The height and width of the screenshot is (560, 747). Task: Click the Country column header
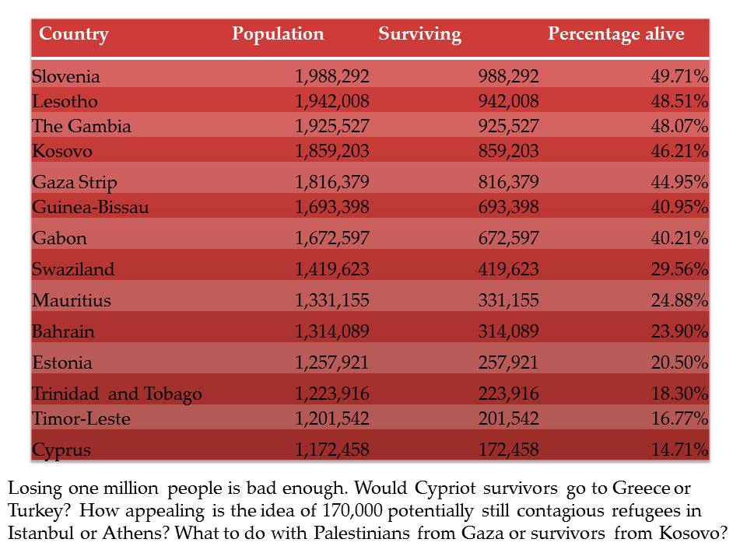tap(74, 34)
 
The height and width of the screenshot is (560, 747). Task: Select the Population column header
tap(278, 34)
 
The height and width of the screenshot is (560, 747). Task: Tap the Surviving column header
tap(419, 34)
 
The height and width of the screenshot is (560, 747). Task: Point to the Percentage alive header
tap(615, 34)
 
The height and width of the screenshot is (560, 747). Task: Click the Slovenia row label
tap(66, 77)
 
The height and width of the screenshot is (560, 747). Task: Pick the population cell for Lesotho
tap(332, 102)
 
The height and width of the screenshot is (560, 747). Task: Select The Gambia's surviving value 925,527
tap(507, 127)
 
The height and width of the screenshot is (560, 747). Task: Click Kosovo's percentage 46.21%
tap(679, 152)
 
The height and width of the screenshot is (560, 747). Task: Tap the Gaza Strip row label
tap(75, 183)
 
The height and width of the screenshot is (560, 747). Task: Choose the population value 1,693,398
tap(332, 208)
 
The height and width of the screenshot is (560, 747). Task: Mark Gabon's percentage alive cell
tap(679, 238)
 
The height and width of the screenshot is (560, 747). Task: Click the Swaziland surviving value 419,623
tap(507, 270)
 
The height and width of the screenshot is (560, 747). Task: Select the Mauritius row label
tap(72, 301)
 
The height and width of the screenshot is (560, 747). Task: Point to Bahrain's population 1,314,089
tap(332, 332)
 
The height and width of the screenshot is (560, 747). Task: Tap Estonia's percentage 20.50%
tap(679, 363)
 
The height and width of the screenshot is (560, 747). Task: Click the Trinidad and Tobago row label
tap(117, 394)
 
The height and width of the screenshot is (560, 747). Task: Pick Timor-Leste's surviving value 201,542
tap(507, 419)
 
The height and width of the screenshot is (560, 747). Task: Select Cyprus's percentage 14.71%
tap(679, 450)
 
